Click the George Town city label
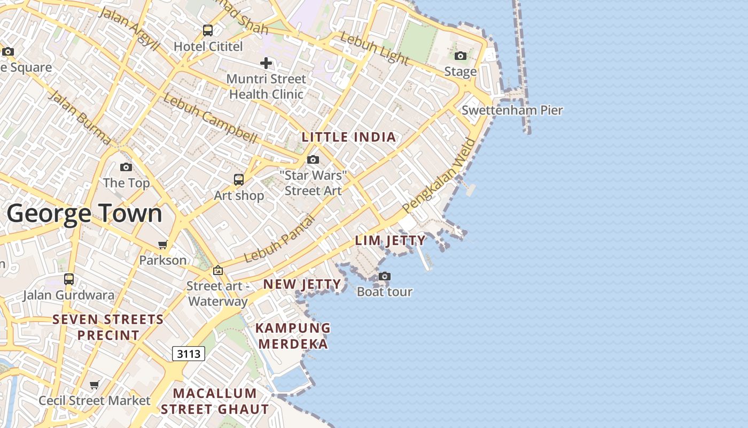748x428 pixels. (84, 213)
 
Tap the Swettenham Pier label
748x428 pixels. (512, 110)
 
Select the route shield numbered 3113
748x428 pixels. (189, 353)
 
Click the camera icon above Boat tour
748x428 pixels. (384, 276)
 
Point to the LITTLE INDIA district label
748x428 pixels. (349, 137)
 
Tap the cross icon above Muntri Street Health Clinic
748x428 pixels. (266, 63)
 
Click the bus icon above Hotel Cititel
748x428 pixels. (208, 30)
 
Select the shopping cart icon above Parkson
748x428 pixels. (162, 244)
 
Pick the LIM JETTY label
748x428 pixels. (391, 241)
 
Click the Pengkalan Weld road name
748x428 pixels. (439, 175)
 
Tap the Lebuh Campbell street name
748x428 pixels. (210, 118)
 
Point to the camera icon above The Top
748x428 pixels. (126, 167)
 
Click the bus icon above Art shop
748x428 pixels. (239, 179)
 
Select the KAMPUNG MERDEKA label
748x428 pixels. (293, 335)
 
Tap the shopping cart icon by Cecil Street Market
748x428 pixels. (95, 385)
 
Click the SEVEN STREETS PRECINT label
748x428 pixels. (108, 327)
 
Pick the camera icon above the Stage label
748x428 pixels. (460, 56)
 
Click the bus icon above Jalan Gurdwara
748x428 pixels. (69, 279)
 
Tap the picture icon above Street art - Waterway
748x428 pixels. (217, 270)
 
